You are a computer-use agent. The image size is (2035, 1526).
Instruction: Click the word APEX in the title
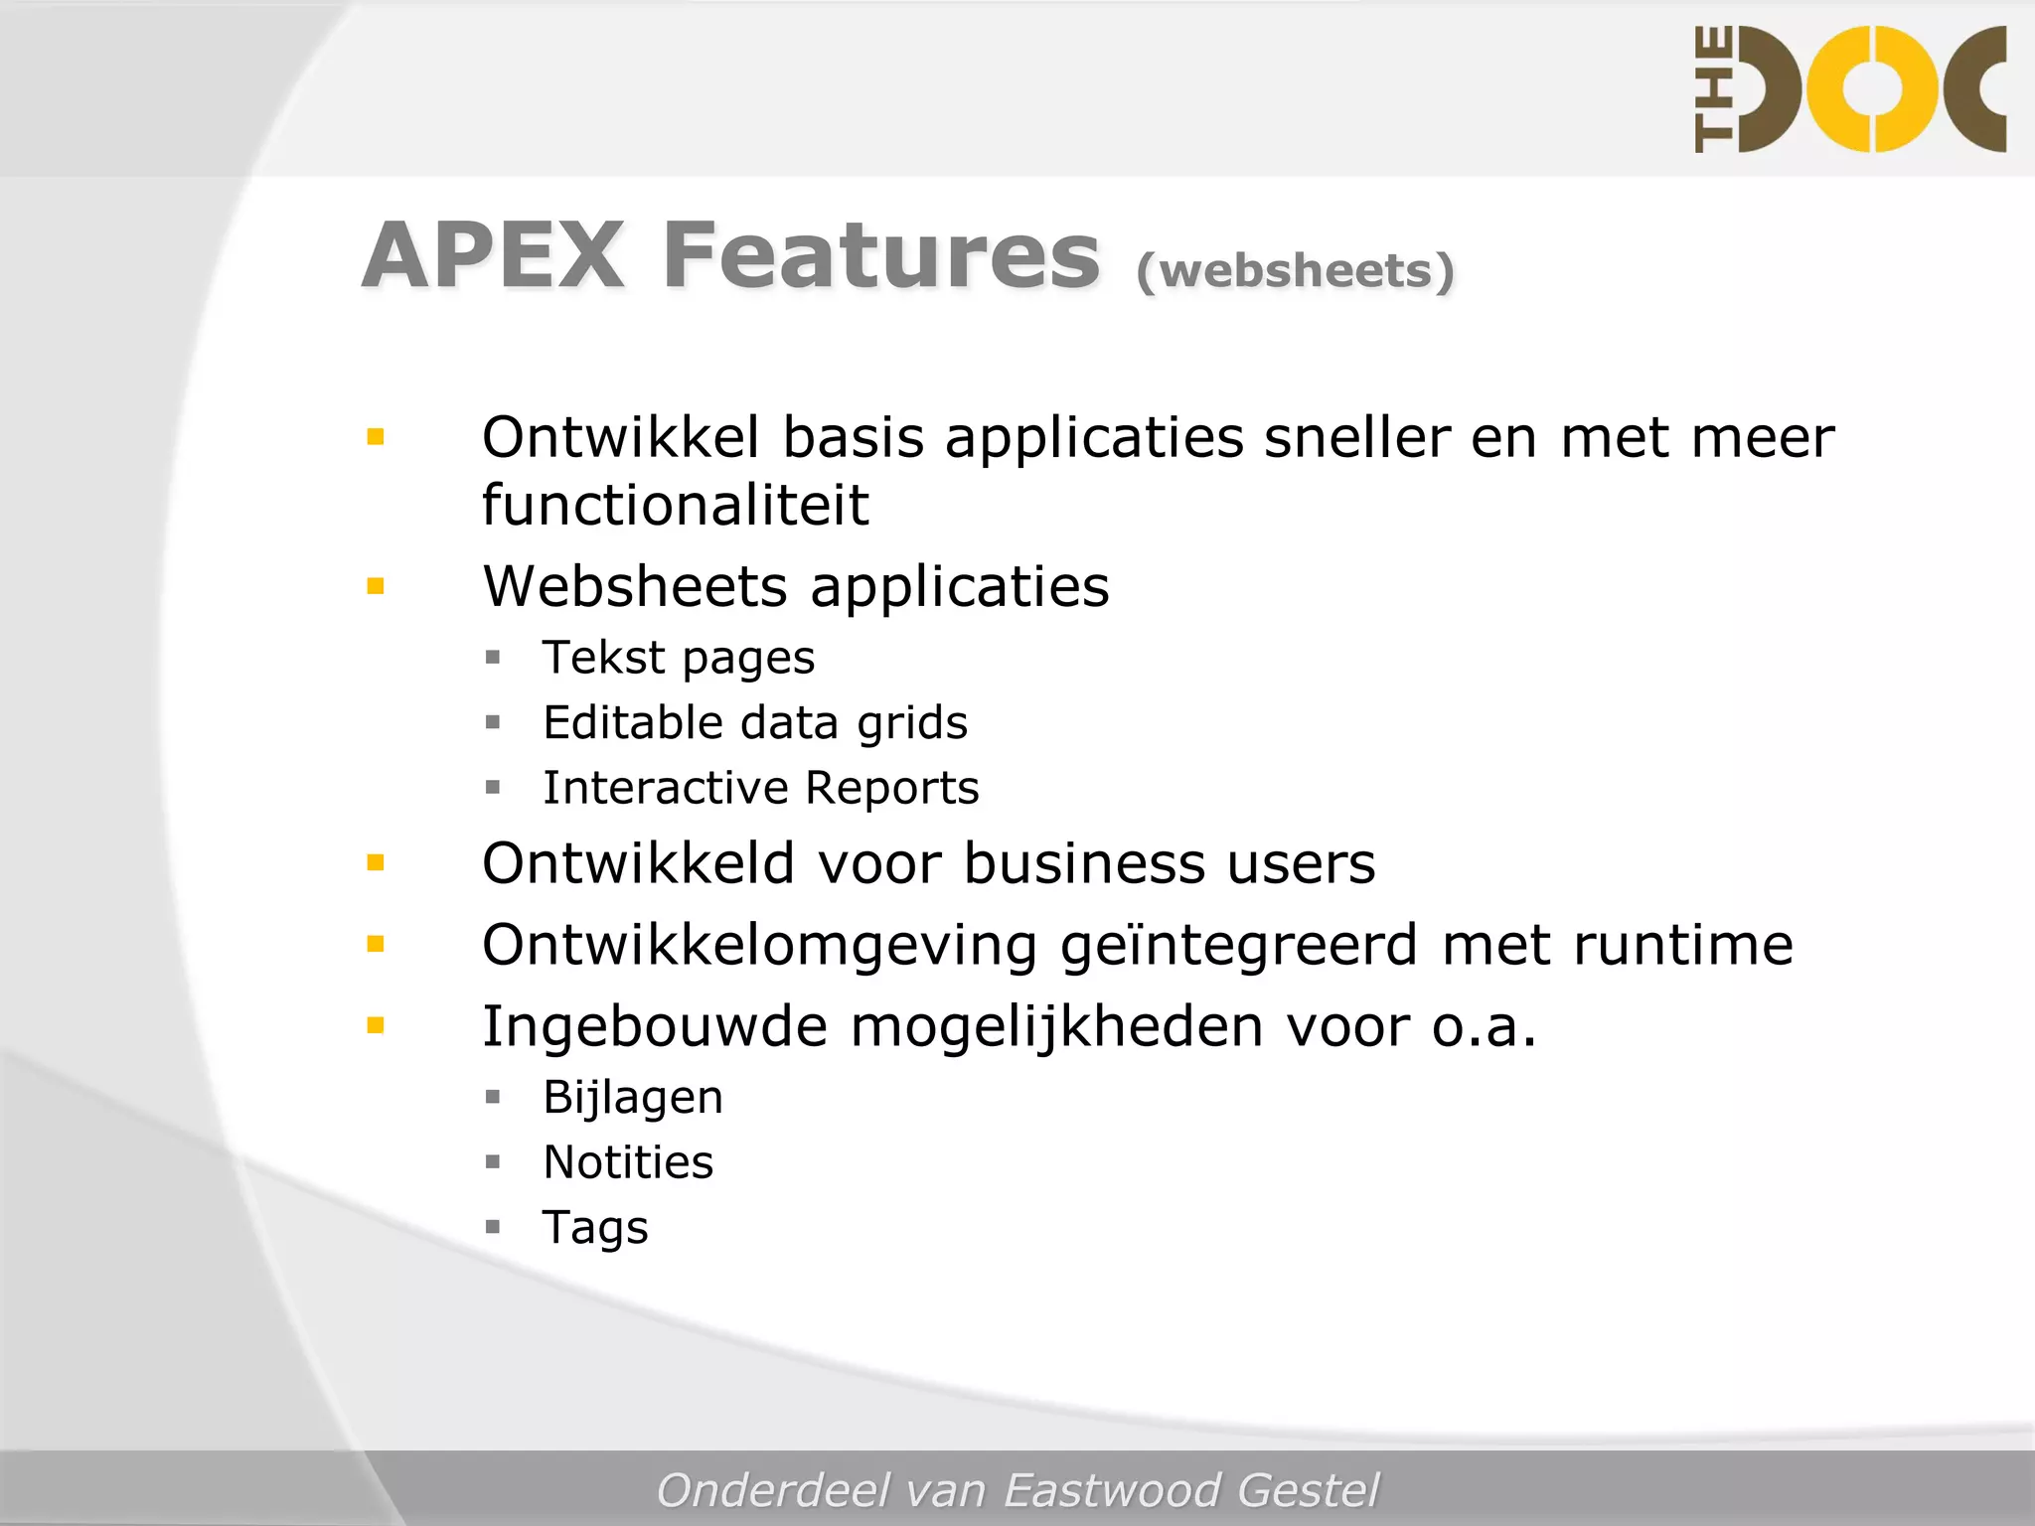[x=493, y=256]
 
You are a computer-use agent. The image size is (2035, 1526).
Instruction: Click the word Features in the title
[x=881, y=256]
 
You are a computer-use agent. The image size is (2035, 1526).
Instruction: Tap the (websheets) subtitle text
[x=1295, y=270]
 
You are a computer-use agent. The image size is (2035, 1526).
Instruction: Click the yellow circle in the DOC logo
[x=1872, y=89]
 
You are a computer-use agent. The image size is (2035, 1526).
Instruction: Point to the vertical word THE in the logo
[x=1714, y=89]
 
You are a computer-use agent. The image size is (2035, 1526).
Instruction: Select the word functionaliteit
[x=675, y=505]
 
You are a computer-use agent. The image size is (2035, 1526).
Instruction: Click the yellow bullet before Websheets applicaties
[x=376, y=586]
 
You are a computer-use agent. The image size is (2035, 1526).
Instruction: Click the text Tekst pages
[x=679, y=658]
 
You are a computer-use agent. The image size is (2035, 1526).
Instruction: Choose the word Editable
[x=634, y=722]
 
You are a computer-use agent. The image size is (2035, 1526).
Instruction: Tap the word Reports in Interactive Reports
[x=891, y=788]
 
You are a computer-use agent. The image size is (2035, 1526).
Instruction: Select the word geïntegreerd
[x=1238, y=945]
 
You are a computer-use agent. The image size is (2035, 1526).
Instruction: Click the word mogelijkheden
[x=1056, y=1026]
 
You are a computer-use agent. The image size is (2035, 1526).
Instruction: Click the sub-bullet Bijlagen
[x=633, y=1098]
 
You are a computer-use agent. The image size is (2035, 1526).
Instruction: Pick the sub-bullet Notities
[x=628, y=1162]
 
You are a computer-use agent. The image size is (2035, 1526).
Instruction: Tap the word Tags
[x=595, y=1228]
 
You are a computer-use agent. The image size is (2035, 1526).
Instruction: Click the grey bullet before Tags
[x=493, y=1227]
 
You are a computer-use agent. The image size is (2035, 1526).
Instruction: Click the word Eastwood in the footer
[x=1111, y=1490]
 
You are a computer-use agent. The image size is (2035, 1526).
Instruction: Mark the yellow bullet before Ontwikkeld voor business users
[x=376, y=862]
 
